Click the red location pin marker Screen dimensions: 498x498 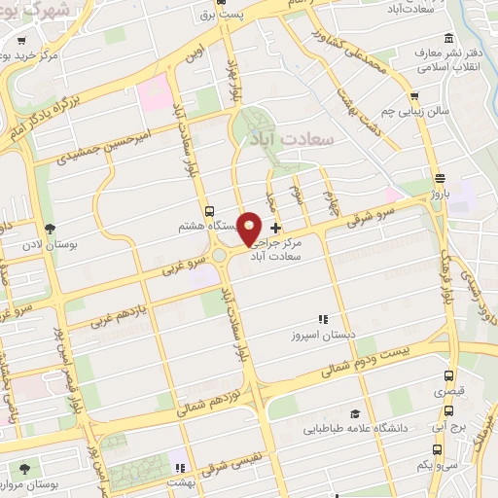tap(250, 228)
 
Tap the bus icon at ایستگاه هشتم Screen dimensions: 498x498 tap(209, 211)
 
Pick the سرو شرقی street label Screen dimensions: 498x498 tap(374, 215)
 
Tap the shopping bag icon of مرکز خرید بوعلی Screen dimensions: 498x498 tap(20, 42)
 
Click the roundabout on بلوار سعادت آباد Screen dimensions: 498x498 tap(223, 256)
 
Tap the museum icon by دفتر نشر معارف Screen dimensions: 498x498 tap(448, 37)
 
